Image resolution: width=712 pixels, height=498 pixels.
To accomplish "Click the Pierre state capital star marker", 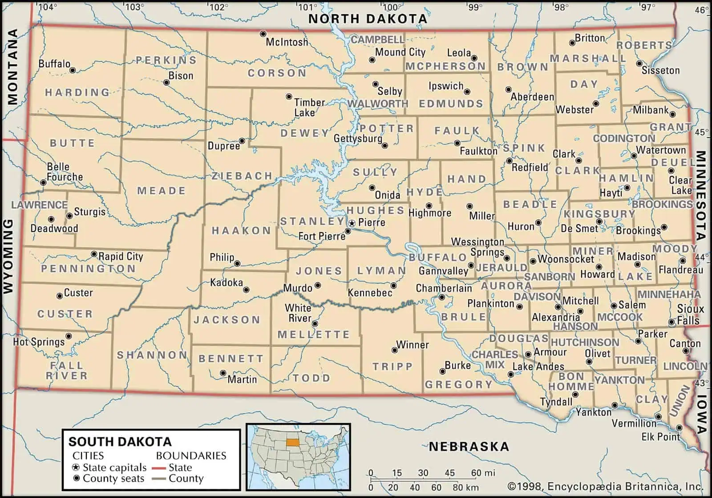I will click(x=352, y=222).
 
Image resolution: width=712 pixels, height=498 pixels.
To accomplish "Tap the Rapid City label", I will click(x=121, y=257).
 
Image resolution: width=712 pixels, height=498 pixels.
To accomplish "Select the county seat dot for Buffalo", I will click(x=73, y=70).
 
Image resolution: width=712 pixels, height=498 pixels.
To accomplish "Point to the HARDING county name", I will click(x=77, y=93).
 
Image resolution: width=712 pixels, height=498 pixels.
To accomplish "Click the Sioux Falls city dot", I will click(x=671, y=322).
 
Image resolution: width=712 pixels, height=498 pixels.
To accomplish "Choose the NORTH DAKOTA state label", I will click(x=368, y=19).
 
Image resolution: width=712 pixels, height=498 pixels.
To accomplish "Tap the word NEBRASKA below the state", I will click(x=469, y=446).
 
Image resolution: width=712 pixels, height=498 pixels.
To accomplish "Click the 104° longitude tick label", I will click(x=48, y=7).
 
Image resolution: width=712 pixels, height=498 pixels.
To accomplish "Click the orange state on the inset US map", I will click(x=292, y=443).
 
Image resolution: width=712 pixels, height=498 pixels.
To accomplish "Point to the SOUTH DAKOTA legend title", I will click(x=120, y=441).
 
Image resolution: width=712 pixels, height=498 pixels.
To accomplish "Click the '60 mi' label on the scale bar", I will click(x=482, y=473).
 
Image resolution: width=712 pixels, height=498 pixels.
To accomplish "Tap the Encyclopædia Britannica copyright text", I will click(x=605, y=486).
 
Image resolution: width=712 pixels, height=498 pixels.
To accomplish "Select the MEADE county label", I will click(x=161, y=191).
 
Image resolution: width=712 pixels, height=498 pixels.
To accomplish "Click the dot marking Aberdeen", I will click(x=508, y=90).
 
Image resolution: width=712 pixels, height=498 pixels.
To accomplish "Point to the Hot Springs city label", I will click(x=39, y=342).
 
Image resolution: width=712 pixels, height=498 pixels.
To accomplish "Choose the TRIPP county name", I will click(x=392, y=367).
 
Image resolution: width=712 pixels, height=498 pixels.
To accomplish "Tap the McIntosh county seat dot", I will click(x=263, y=34).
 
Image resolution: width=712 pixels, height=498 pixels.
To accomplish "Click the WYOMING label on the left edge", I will click(x=8, y=256).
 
